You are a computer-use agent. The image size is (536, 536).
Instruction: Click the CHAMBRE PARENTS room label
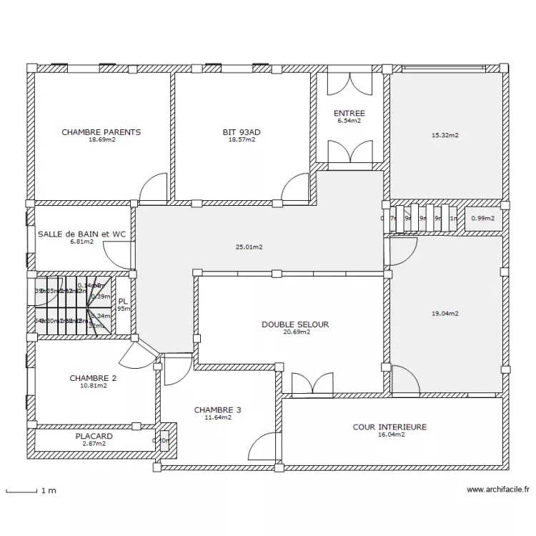101,132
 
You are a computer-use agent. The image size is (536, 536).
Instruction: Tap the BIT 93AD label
242,132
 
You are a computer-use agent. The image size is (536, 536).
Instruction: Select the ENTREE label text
349,114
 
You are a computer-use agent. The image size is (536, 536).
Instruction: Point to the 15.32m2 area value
445,134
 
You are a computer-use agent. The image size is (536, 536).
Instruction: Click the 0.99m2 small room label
483,218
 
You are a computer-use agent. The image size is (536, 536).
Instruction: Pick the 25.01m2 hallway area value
249,247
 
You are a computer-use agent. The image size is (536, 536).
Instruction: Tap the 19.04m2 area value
445,313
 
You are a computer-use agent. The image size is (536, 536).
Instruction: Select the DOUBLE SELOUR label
295,324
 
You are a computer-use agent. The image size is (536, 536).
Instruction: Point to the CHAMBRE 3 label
217,410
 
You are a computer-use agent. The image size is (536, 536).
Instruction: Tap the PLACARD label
94,436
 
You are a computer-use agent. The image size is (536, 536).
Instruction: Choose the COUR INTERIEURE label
389,427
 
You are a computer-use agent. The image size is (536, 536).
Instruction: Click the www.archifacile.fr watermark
497,490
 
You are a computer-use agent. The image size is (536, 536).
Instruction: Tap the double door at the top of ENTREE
349,84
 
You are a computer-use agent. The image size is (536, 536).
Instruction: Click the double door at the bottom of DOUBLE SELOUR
312,384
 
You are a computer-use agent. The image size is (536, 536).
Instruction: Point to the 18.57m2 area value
242,140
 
